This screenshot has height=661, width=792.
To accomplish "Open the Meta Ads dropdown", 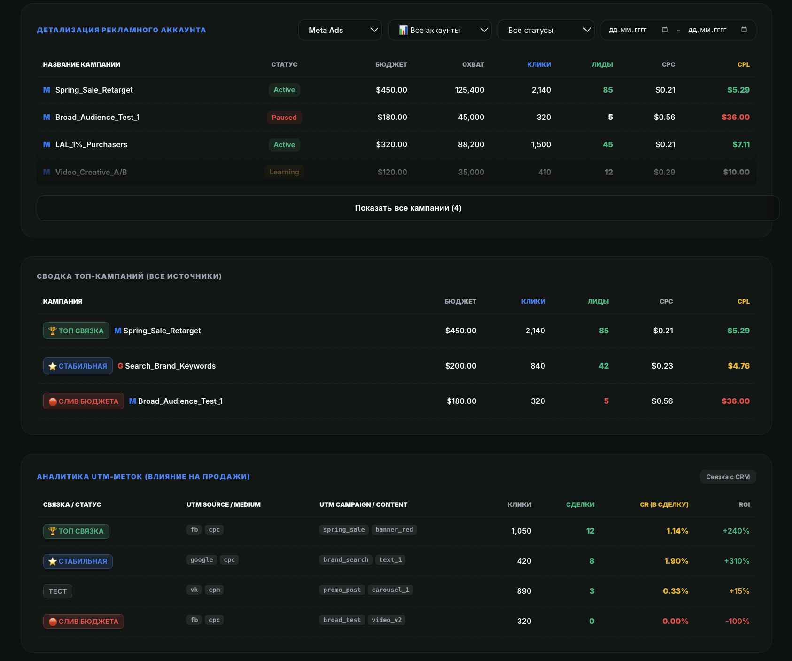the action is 340,30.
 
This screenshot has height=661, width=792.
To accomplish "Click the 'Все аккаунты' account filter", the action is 440,30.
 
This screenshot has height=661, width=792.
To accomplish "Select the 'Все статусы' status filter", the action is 546,30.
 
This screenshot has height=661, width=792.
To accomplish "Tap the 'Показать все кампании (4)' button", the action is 408,208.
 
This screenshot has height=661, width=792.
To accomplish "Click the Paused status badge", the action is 284,118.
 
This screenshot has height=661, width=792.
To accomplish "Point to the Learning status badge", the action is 284,172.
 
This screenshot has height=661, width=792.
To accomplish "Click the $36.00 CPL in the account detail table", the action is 736,117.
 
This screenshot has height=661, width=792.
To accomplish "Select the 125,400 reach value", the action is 469,90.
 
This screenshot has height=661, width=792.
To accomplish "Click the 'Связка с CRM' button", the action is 728,477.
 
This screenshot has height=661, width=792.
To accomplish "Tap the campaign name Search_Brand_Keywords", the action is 171,366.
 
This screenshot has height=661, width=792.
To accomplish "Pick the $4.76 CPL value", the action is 738,366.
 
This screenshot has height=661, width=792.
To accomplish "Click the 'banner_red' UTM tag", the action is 394,530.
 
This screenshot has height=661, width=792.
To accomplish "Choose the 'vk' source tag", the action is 194,590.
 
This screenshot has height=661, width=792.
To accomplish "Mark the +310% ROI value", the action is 737,561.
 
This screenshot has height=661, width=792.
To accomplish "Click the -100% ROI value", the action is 738,621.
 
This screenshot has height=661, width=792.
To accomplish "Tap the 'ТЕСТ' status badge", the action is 58,591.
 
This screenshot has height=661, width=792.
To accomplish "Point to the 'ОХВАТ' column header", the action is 473,64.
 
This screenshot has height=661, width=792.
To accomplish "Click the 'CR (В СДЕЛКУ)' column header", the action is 664,504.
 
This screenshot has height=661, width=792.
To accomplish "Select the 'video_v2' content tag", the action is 387,620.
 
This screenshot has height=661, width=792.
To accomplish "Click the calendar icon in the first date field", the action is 665,30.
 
